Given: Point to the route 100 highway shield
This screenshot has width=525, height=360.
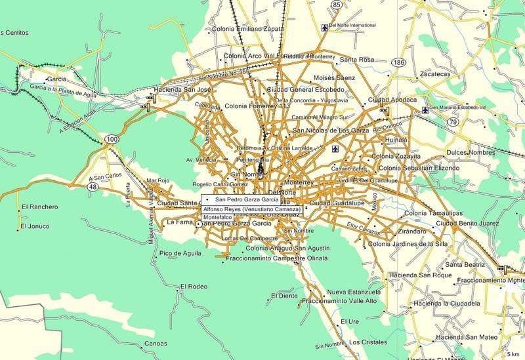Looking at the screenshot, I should coord(112,139).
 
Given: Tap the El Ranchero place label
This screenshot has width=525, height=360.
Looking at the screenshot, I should coord(39,207).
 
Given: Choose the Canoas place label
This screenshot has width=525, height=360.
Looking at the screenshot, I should coord(156,343).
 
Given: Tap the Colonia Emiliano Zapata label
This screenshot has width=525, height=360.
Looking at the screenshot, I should coord(256,29).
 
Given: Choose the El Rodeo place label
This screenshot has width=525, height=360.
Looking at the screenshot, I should coord(194,287).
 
